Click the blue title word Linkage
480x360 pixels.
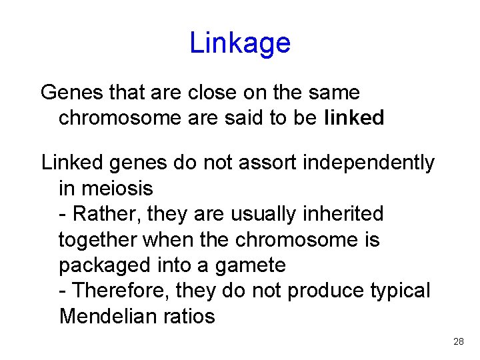pyautogui.click(x=240, y=43)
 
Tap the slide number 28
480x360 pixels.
pyautogui.click(x=458, y=341)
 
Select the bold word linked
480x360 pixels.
pyautogui.click(x=355, y=118)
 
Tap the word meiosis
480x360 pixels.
pyautogui.click(x=115, y=188)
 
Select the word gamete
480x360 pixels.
pyautogui.click(x=251, y=265)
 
